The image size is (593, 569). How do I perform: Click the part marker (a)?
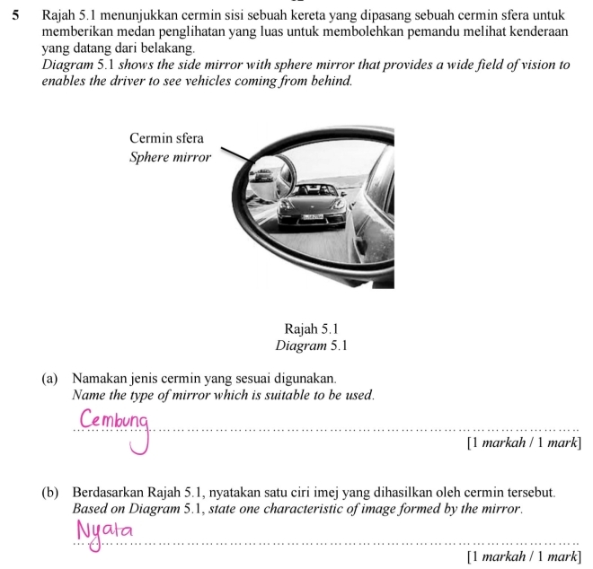(51, 379)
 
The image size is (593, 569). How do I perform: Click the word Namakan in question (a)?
(99, 379)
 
